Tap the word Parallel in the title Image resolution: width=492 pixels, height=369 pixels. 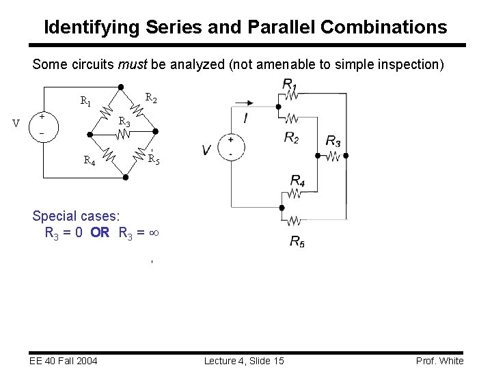(281, 27)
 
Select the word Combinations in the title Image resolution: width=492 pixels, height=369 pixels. (384, 27)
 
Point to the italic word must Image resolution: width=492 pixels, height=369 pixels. (133, 65)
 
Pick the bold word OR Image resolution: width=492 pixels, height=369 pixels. (100, 232)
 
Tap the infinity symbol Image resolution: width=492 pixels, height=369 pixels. (154, 232)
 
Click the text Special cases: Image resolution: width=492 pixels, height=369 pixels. (76, 216)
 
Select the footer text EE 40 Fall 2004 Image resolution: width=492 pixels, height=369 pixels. (64, 361)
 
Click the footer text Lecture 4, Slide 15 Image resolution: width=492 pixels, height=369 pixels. (244, 361)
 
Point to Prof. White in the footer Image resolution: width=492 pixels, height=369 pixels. (439, 361)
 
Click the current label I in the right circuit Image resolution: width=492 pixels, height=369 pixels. (245, 118)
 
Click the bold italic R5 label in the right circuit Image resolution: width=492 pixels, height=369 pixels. (297, 241)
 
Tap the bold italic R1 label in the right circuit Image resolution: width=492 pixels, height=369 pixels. (289, 84)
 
